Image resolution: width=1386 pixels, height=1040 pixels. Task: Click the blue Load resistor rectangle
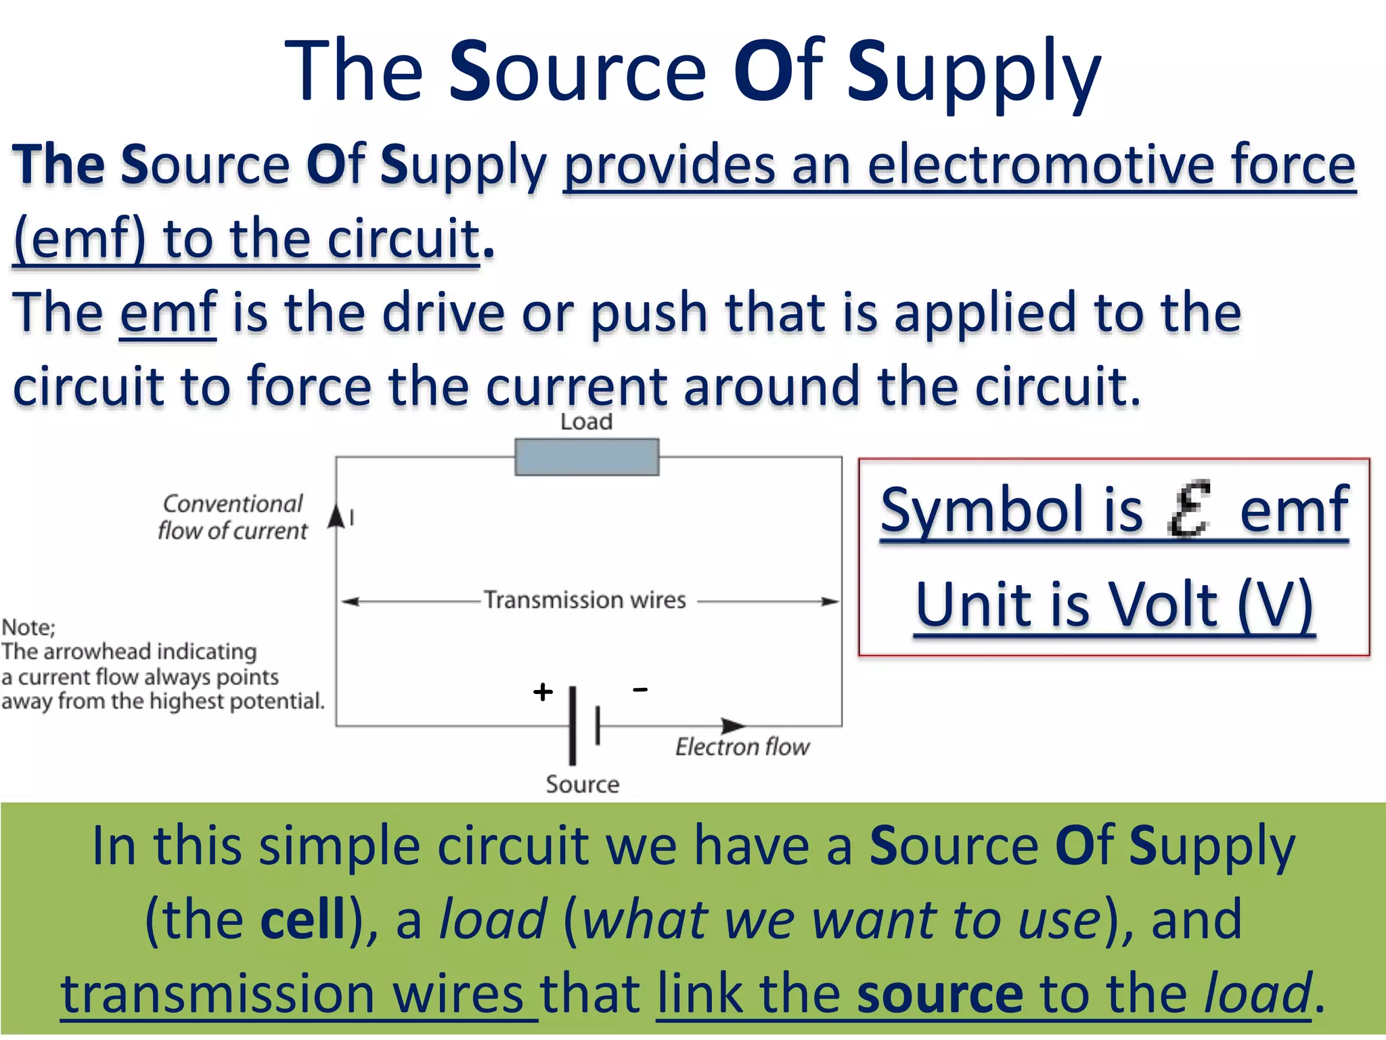[x=587, y=457]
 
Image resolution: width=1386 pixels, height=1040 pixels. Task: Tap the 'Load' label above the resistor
[x=586, y=422]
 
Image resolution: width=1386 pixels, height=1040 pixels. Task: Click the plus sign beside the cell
[x=543, y=691]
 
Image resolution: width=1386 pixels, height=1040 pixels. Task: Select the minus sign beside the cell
[x=640, y=689]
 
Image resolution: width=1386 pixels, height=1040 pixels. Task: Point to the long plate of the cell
[x=573, y=725]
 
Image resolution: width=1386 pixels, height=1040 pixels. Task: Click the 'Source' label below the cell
[x=583, y=784]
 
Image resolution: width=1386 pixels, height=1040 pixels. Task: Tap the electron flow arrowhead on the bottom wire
[x=733, y=726]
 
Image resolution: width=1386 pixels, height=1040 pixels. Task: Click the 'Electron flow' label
[x=742, y=747]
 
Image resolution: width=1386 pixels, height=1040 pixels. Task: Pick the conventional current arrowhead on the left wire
[x=336, y=516]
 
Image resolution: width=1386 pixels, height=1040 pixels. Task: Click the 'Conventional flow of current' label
[x=232, y=517]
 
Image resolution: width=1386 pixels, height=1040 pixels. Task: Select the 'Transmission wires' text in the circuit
[x=585, y=600]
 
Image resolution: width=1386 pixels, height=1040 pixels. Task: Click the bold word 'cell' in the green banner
[x=303, y=919]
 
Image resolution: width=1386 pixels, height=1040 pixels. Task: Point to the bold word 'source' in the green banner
[x=940, y=993]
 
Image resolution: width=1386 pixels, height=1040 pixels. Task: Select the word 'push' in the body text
[x=649, y=313]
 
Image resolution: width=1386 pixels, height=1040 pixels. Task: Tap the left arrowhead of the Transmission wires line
[x=349, y=601]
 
